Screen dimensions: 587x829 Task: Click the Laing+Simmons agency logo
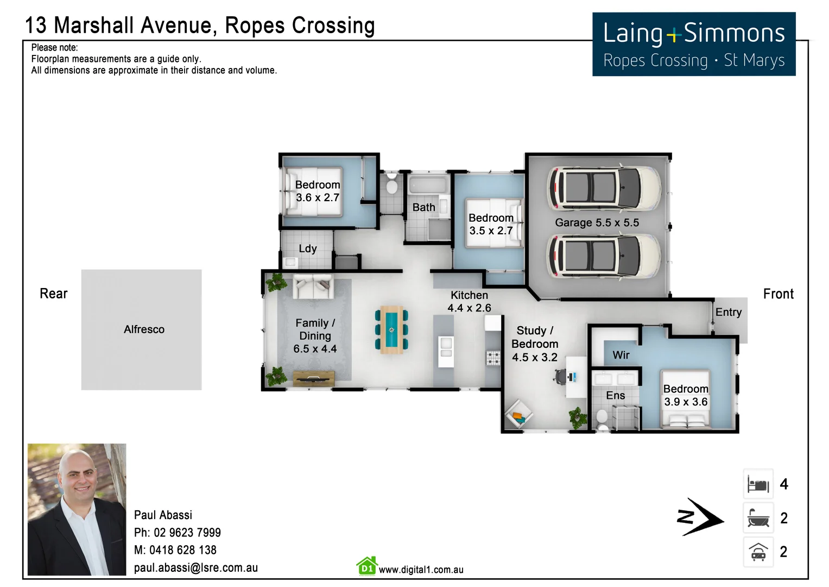click(693, 44)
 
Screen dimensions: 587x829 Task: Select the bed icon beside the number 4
click(758, 484)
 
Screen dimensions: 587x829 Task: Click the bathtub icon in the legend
click(758, 517)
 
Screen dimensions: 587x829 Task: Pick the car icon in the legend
click(758, 552)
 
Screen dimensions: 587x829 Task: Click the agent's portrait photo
click(77, 509)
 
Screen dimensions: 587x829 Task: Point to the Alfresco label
click(144, 329)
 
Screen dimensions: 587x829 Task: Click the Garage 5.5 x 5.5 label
click(597, 223)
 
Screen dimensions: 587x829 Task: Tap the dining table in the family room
click(391, 329)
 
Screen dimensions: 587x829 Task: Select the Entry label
click(728, 312)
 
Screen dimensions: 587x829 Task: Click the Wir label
click(621, 355)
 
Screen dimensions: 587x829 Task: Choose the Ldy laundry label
click(307, 248)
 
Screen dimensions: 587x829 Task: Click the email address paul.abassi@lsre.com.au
click(195, 567)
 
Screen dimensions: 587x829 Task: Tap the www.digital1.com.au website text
click(421, 570)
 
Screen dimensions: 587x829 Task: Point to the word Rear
click(53, 293)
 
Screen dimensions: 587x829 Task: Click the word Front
click(778, 294)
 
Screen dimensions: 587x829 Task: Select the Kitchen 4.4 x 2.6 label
click(469, 302)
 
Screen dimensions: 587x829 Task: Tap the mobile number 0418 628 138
click(182, 550)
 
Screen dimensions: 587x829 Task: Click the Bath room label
click(423, 207)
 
